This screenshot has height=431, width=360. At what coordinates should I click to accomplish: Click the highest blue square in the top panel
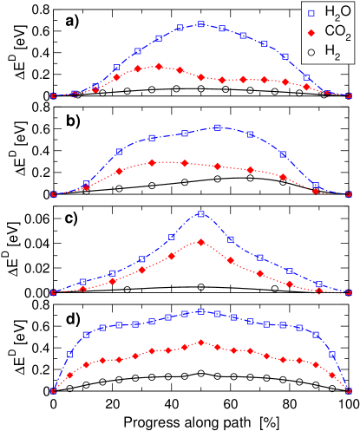click(200, 24)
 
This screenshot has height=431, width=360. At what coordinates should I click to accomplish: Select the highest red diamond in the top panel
click(159, 66)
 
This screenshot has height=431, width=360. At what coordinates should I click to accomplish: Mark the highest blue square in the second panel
click(218, 127)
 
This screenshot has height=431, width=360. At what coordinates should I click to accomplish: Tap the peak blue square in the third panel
click(200, 213)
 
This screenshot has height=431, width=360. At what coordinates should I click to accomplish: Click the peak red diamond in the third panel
click(200, 242)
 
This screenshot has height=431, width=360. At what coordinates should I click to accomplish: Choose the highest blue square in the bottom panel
click(200, 311)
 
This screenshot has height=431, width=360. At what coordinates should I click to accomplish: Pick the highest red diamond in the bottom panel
click(200, 343)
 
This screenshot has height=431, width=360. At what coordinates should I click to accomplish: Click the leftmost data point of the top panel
click(54, 95)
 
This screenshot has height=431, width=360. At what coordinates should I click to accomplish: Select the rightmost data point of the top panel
click(349, 95)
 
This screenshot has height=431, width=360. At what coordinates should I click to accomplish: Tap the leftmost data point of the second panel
click(54, 194)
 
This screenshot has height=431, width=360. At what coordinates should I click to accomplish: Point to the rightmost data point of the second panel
click(349, 194)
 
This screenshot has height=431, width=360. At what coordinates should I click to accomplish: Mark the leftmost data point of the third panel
click(54, 292)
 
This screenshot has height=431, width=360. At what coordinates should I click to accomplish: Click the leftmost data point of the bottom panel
click(54, 391)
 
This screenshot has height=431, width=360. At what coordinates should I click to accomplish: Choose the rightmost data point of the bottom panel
click(349, 391)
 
